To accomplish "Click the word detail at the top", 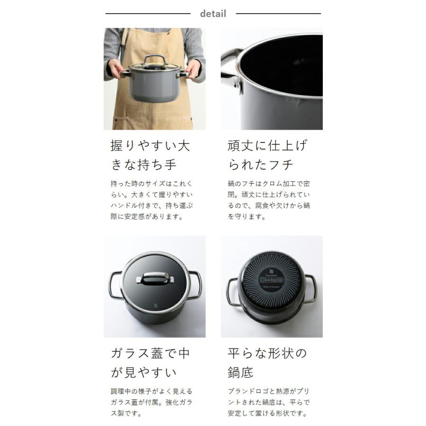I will tap(213, 14).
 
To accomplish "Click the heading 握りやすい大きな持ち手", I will tap(150, 155).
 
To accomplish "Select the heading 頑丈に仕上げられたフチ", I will tap(267, 155).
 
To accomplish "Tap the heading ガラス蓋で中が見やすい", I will tap(150, 363).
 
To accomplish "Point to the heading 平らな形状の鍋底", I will tap(267, 363).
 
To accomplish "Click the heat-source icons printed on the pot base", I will tap(271, 279).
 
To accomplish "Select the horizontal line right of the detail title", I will tap(278, 14).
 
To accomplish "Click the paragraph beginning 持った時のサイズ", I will tap(151, 200).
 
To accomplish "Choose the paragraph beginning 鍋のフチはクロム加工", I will tap(268, 200).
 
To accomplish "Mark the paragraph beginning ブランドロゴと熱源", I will tap(268, 402).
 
